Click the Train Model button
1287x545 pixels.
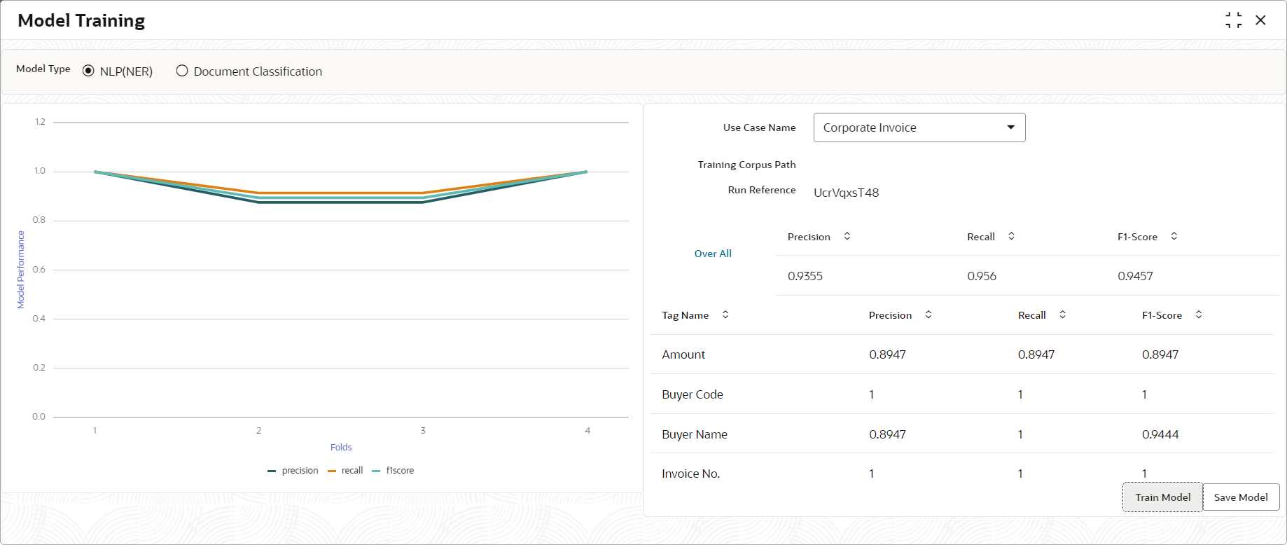[x=1162, y=497]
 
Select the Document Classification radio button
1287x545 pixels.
[x=182, y=71]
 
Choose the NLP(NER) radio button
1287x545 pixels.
[x=88, y=71]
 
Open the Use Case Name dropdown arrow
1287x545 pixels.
[x=1010, y=127]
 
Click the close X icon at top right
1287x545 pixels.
[x=1260, y=20]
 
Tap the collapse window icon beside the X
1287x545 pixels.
[x=1234, y=20]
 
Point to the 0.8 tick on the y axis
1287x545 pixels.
[x=39, y=220]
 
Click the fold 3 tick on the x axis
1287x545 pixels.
[x=423, y=430]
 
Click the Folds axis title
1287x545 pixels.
[x=341, y=447]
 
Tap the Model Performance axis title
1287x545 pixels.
[x=21, y=270]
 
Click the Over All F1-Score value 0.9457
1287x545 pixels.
[x=1135, y=276]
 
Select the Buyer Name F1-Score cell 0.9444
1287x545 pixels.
[x=1160, y=434]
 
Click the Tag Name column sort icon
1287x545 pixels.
[x=725, y=315]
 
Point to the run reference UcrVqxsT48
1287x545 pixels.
[x=846, y=193]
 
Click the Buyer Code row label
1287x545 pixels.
[x=693, y=394]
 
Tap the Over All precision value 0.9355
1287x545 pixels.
[x=805, y=276]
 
